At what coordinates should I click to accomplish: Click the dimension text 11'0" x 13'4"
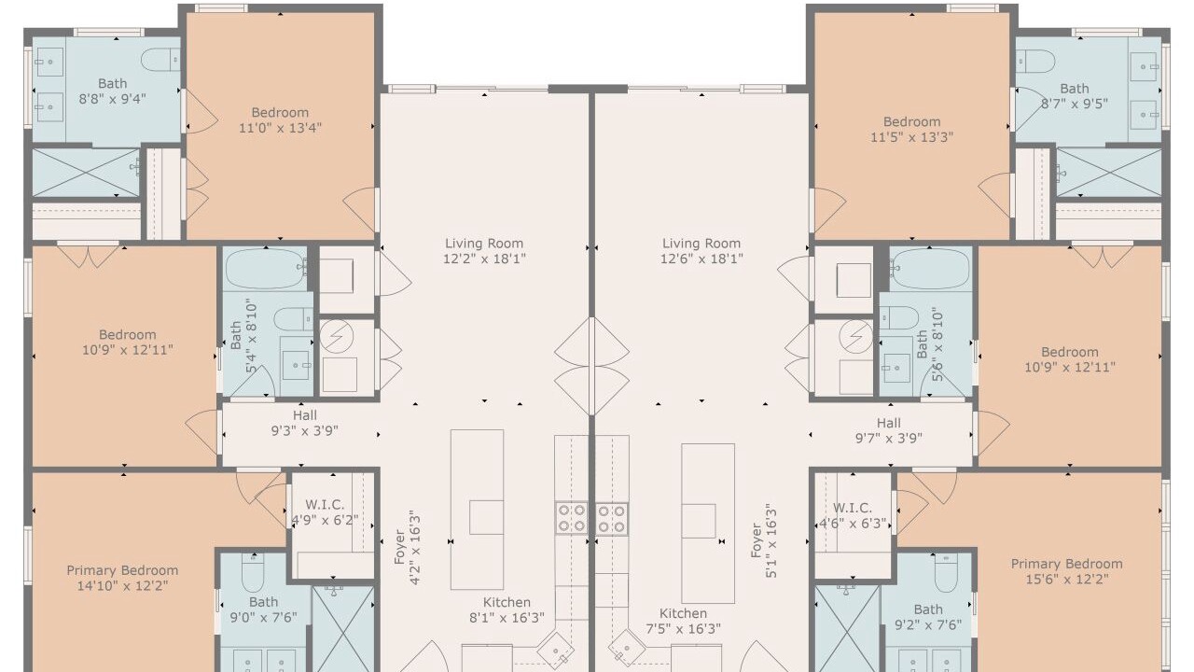coord(280,128)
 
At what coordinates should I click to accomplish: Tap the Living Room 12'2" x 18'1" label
coord(484,251)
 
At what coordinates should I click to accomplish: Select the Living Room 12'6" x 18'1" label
coord(701,251)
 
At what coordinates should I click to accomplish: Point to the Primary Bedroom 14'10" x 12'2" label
coord(122,578)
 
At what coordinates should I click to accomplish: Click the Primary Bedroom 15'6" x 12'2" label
coord(1067,572)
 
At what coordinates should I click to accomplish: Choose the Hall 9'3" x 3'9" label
coord(305,423)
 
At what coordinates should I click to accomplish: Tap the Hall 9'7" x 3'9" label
coord(889,430)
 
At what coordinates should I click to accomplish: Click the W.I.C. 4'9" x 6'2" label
coord(326,512)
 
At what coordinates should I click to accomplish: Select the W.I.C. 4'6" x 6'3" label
coord(853,516)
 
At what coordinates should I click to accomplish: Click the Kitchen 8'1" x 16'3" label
coord(507,610)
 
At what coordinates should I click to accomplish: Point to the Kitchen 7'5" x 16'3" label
coord(684,622)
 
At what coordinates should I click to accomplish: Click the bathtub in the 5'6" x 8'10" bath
coord(931,268)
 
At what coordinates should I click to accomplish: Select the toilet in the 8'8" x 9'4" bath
coord(160,59)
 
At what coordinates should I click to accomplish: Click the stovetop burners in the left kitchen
coord(571,518)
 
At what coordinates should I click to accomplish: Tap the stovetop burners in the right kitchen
coord(611,518)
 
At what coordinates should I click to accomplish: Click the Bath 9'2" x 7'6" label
coord(928,617)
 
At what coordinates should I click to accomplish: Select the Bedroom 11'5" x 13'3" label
coord(912,130)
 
